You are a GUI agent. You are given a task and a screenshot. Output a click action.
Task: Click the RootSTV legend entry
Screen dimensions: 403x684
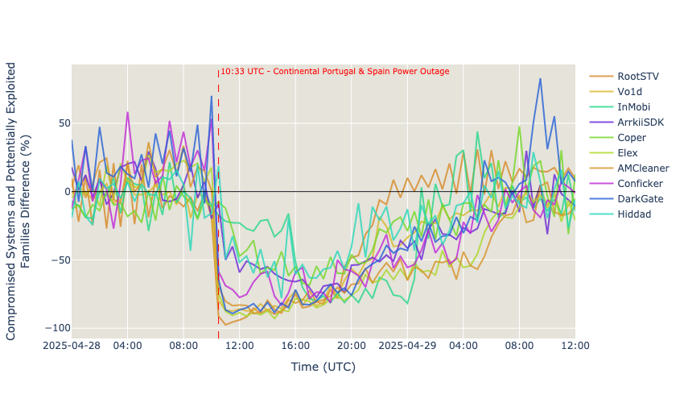click(x=638, y=76)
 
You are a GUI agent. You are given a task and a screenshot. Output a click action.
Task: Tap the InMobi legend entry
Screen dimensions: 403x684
click(x=634, y=106)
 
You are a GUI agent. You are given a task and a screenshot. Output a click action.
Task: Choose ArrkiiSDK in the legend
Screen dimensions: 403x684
click(x=641, y=122)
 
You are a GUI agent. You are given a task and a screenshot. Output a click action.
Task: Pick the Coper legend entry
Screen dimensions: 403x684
click(x=632, y=138)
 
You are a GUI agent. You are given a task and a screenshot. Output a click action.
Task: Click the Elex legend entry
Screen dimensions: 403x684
click(x=628, y=153)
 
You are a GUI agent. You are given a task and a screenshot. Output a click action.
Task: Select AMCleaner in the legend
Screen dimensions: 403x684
click(x=643, y=168)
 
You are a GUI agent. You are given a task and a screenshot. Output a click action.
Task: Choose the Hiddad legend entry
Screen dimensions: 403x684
click(x=635, y=214)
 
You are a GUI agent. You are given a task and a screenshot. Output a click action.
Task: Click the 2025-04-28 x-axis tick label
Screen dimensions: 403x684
click(x=72, y=346)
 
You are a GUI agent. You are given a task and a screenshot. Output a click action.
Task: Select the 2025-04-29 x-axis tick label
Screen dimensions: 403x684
click(x=407, y=346)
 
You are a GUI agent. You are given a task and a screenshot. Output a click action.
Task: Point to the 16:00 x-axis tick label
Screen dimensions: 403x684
click(x=295, y=346)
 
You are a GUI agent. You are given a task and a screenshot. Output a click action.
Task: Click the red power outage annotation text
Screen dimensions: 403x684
click(x=335, y=72)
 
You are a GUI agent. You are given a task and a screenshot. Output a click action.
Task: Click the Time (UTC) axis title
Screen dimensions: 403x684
click(x=323, y=368)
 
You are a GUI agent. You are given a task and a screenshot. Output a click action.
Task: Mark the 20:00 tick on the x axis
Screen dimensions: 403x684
click(x=351, y=346)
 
